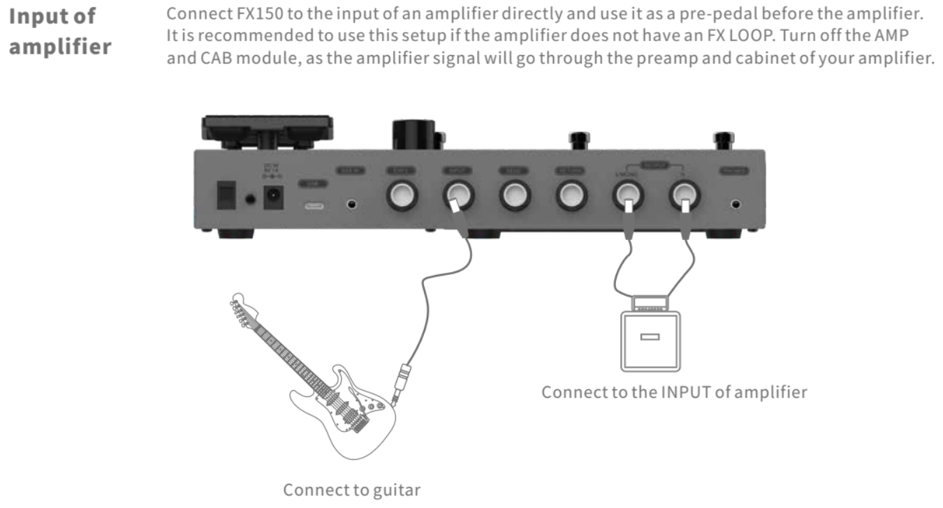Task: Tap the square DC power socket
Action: coord(273,197)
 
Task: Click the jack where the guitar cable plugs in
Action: coord(459,197)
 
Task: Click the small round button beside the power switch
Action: coord(250,200)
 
